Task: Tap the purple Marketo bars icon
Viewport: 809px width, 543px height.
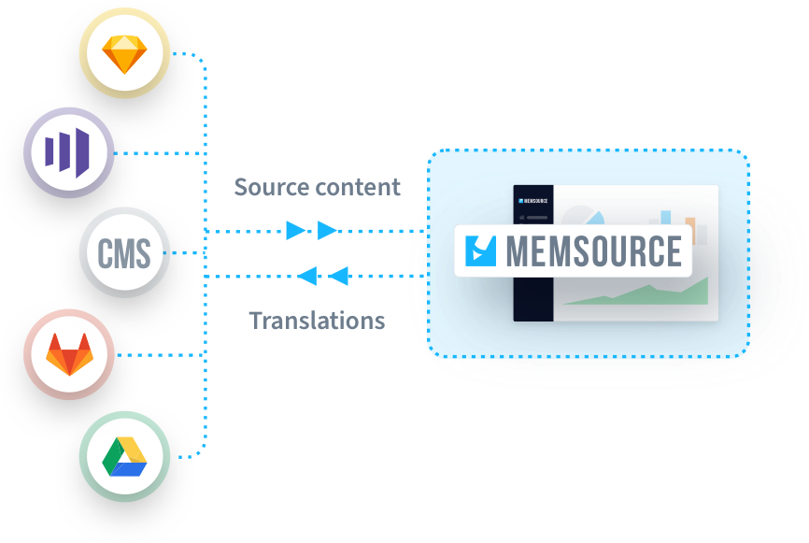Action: (x=68, y=151)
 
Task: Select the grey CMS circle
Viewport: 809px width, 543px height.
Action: (x=124, y=252)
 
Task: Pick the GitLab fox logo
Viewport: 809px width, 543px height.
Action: (x=68, y=354)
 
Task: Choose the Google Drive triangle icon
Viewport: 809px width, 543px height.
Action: (x=124, y=456)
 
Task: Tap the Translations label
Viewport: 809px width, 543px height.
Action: (x=317, y=321)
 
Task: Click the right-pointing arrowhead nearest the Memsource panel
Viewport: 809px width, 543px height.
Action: (x=327, y=231)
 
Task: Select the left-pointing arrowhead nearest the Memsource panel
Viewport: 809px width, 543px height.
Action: (x=338, y=276)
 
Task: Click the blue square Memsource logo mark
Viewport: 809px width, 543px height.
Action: (x=482, y=250)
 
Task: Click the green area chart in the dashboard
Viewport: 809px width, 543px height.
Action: (x=645, y=294)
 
